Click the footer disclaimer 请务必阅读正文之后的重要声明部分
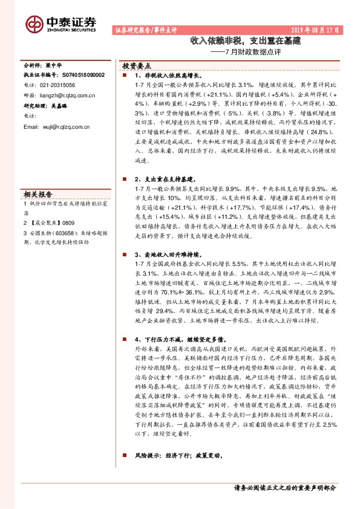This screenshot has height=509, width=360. (284, 487)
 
